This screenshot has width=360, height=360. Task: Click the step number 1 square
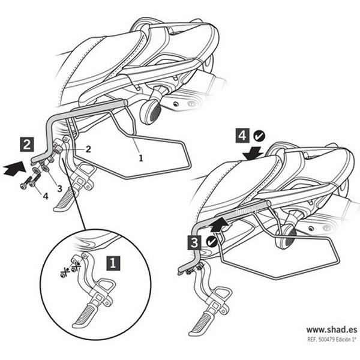112,262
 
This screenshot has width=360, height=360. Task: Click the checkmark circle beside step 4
259,136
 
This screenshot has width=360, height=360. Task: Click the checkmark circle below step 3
212,242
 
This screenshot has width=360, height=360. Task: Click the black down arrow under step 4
252,152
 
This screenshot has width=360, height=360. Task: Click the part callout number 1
141,158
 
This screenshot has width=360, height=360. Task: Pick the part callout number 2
88,149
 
